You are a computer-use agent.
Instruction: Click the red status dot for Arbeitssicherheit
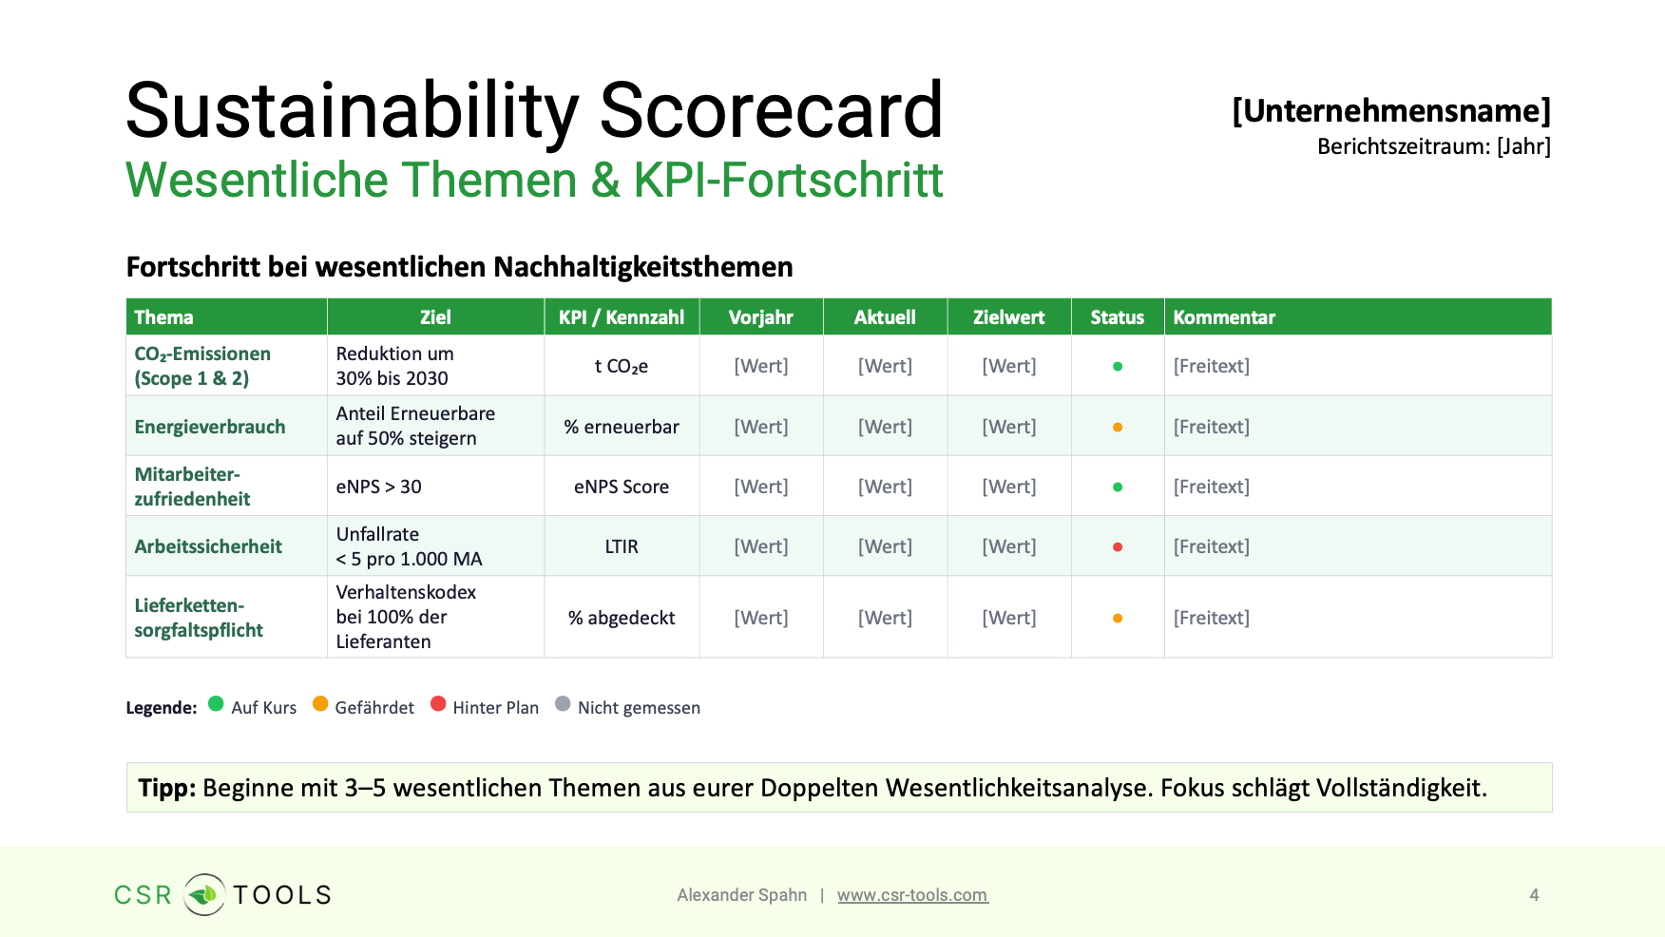pyautogui.click(x=1118, y=546)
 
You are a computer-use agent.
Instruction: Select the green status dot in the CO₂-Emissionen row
pyautogui.click(x=1118, y=366)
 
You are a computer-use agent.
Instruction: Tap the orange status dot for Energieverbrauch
pyautogui.click(x=1118, y=427)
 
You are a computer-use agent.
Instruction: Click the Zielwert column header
pyautogui.click(x=1008, y=317)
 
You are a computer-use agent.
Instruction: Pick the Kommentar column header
pyautogui.click(x=1224, y=317)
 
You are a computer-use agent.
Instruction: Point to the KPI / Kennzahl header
pyautogui.click(x=622, y=317)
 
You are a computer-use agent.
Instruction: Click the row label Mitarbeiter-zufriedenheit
pyautogui.click(x=192, y=487)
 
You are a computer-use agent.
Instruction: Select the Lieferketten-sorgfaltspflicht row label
pyautogui.click(x=199, y=618)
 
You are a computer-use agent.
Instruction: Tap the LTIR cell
pyautogui.click(x=622, y=546)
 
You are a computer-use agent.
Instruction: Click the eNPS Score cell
pyautogui.click(x=622, y=487)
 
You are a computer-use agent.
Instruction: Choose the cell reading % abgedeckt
pyautogui.click(x=622, y=618)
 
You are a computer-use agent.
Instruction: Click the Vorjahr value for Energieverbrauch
pyautogui.click(x=761, y=427)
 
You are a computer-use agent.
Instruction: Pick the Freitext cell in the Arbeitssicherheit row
pyautogui.click(x=1212, y=546)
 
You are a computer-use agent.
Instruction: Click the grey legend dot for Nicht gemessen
pyautogui.click(x=563, y=704)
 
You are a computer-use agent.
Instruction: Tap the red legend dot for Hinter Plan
pyautogui.click(x=438, y=704)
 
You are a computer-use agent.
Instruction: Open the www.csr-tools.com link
pyautogui.click(x=912, y=895)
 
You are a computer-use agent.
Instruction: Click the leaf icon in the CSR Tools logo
pyautogui.click(x=203, y=894)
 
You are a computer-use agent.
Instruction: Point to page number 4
pyautogui.click(x=1534, y=895)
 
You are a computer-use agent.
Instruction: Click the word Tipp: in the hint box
pyautogui.click(x=167, y=788)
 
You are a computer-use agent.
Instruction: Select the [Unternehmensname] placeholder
pyautogui.click(x=1391, y=111)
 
